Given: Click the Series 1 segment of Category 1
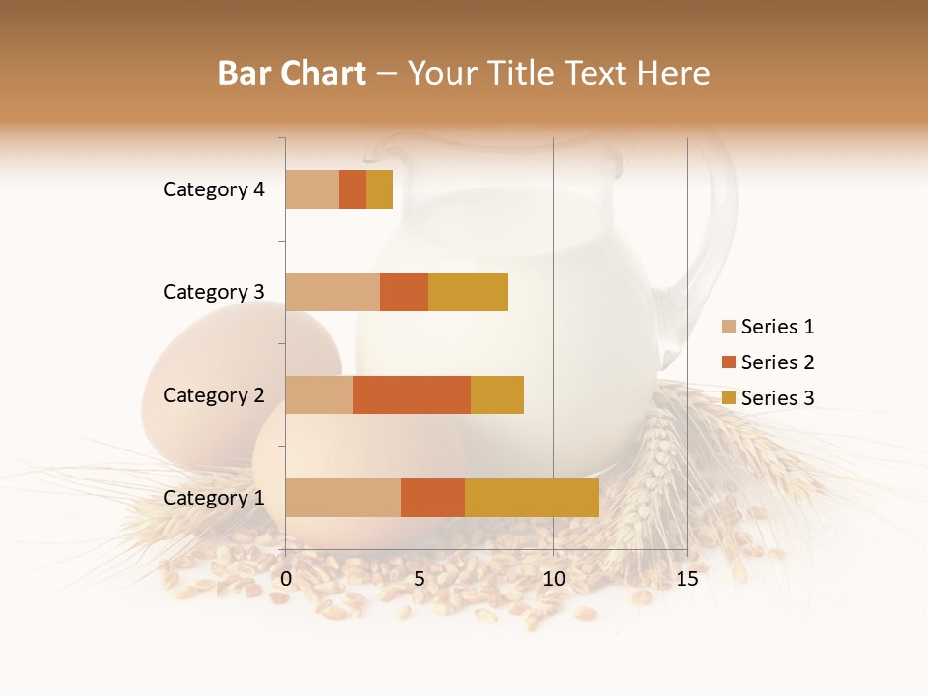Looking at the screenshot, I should coord(343,498).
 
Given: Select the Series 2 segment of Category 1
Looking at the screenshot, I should coord(433,498).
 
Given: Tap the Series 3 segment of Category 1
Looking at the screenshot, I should coord(532,498).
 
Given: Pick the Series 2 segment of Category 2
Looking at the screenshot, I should coord(412,394).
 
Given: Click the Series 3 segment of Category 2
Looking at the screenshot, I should coord(497,394).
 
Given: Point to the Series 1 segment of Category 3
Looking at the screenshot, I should coord(333,292).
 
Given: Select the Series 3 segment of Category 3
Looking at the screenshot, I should coord(468,292).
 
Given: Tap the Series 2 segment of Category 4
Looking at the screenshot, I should coord(353,189).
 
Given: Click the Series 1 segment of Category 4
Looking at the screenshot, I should coord(312,189).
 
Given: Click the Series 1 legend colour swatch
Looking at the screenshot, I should coord(729,327).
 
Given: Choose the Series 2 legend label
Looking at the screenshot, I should coord(777,362).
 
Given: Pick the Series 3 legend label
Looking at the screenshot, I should coord(777,398).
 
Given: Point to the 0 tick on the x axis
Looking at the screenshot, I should coord(286,579).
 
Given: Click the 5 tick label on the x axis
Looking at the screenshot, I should coord(420,579).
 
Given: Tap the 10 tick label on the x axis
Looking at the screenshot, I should coord(553,579).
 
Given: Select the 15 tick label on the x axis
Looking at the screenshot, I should coord(686,579).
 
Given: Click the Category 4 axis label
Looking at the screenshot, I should coord(214,189).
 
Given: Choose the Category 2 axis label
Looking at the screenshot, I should coord(214,395).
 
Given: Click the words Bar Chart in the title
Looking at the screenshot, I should coord(292,73).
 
